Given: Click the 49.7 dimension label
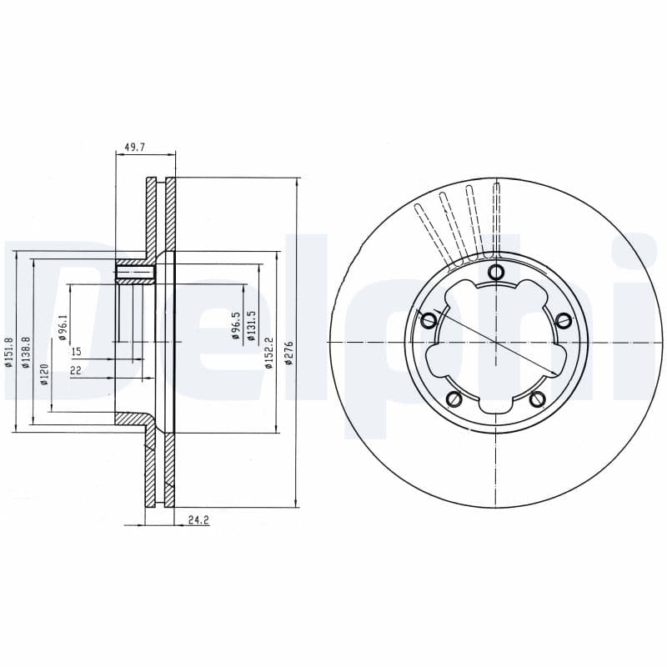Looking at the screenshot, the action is [134, 148].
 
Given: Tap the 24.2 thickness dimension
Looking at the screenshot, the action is [198, 519].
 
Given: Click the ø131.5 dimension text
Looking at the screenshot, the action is [251, 326].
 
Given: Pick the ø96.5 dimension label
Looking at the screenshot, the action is [236, 325].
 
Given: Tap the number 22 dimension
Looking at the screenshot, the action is [76, 370].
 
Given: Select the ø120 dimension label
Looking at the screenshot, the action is [45, 374].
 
